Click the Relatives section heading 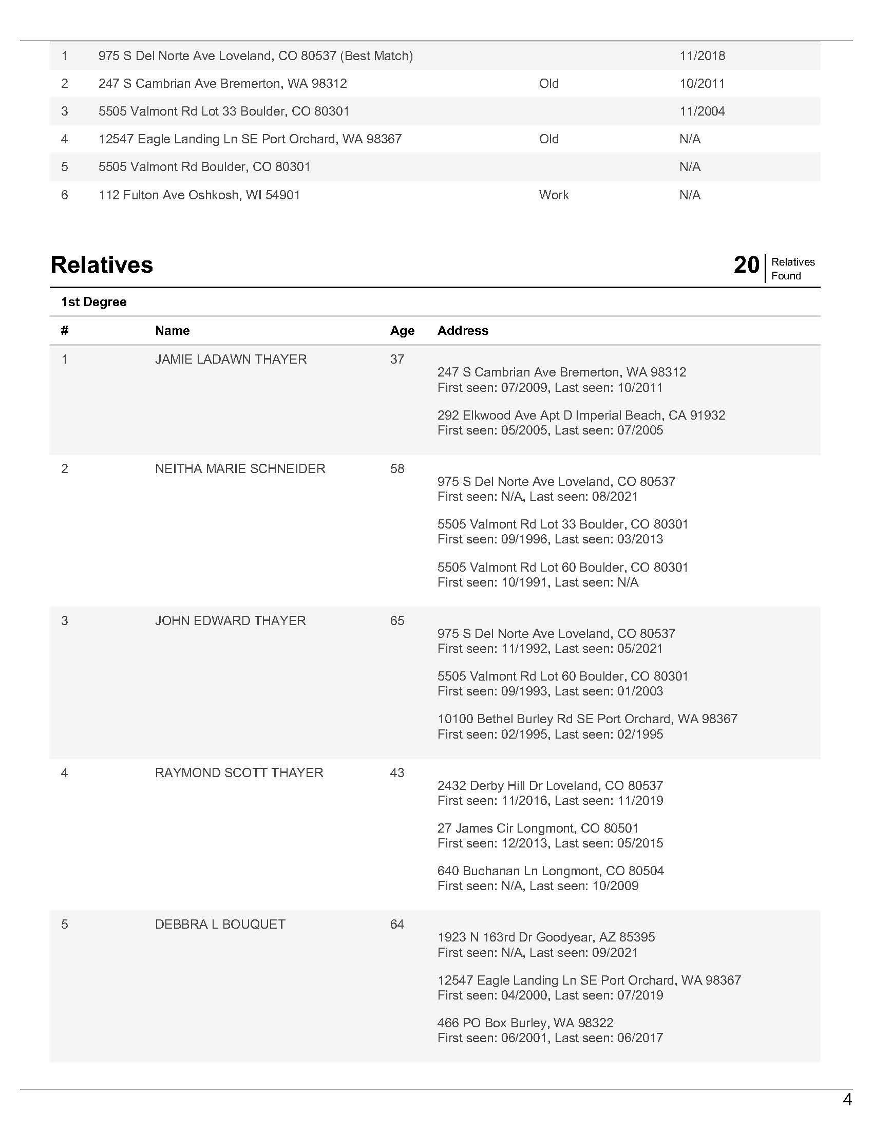coord(101,265)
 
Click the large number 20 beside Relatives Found coord(746,265)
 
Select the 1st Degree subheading coord(93,302)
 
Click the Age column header coord(402,331)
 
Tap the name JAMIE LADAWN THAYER coord(231,359)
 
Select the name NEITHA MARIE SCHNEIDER coord(240,469)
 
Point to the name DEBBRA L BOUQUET coord(220,925)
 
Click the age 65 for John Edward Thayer coord(396,621)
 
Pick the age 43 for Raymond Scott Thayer coord(396,773)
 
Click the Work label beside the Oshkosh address coord(554,195)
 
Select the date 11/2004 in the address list coord(702,111)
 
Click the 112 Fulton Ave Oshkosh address coord(199,195)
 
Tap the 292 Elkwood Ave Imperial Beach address coord(581,416)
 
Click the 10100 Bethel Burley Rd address coord(587,719)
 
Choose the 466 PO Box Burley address coord(525,1023)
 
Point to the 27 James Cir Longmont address coord(538,828)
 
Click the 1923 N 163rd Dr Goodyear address coord(545,937)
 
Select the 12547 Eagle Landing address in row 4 coord(250,139)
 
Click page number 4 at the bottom coord(847,1100)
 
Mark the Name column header coord(172,331)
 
